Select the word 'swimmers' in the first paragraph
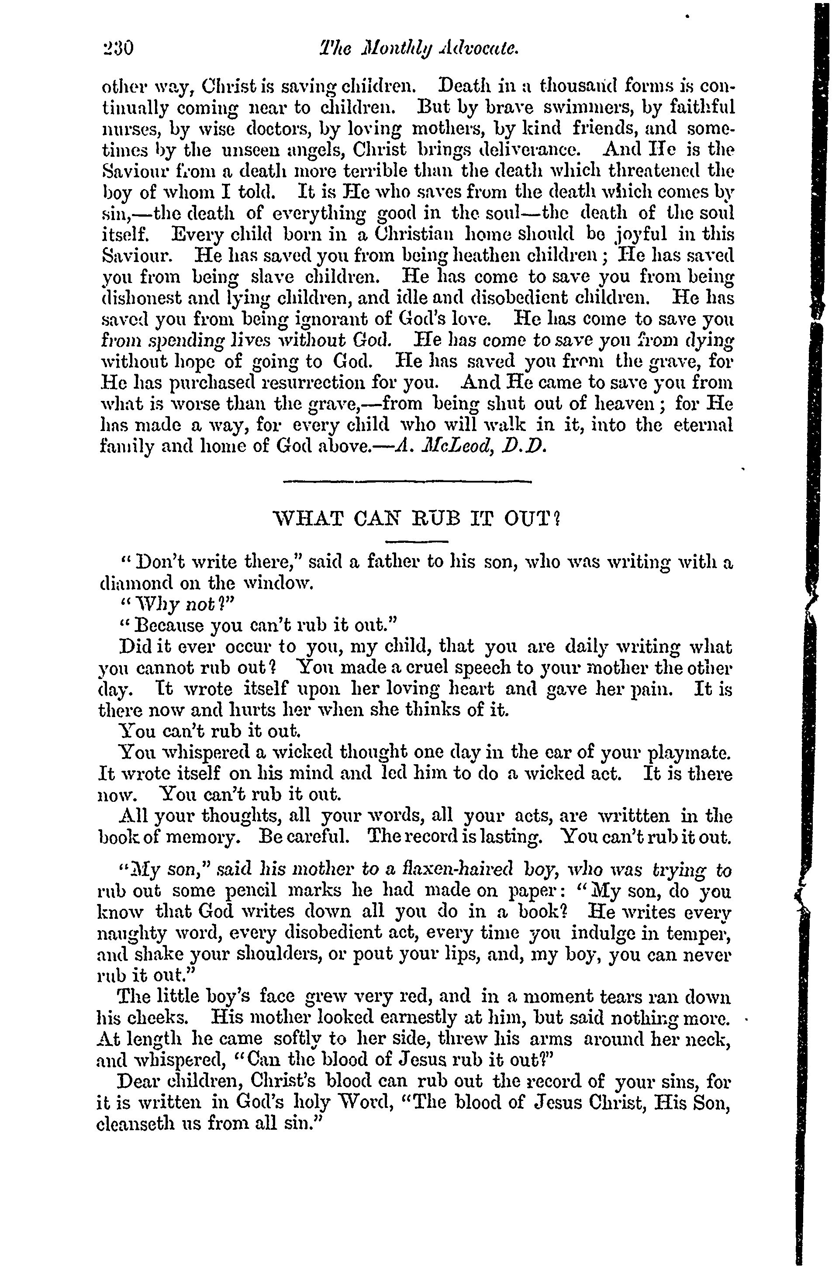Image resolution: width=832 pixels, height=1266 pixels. [x=588, y=108]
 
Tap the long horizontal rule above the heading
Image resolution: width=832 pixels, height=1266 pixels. [x=407, y=482]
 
